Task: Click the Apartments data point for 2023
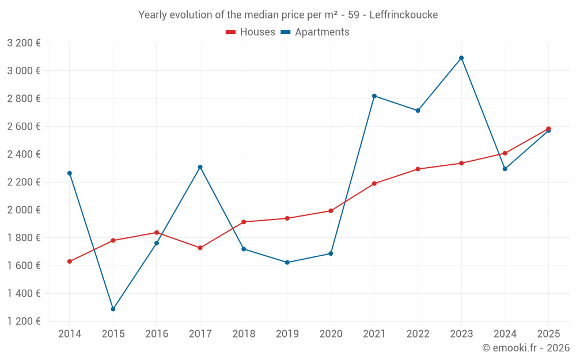[x=461, y=58]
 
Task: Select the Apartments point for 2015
[x=113, y=309]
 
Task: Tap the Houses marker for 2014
[x=70, y=262]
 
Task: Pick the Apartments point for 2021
[x=374, y=96]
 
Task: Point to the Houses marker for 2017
[x=200, y=248]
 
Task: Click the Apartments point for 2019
[x=287, y=263]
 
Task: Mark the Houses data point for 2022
[x=418, y=169]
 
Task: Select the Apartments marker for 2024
[x=505, y=169]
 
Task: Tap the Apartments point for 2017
[x=200, y=167]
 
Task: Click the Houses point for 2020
[x=331, y=211]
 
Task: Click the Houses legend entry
[x=251, y=32]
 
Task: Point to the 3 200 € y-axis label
[x=24, y=43]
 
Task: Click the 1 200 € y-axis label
[x=24, y=321]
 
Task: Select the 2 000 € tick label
[x=24, y=210]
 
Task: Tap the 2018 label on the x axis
[x=244, y=334]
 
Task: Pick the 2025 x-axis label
[x=548, y=334]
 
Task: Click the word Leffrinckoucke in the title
[x=403, y=15]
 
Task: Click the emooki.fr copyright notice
[x=525, y=348]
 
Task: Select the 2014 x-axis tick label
[x=70, y=334]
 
